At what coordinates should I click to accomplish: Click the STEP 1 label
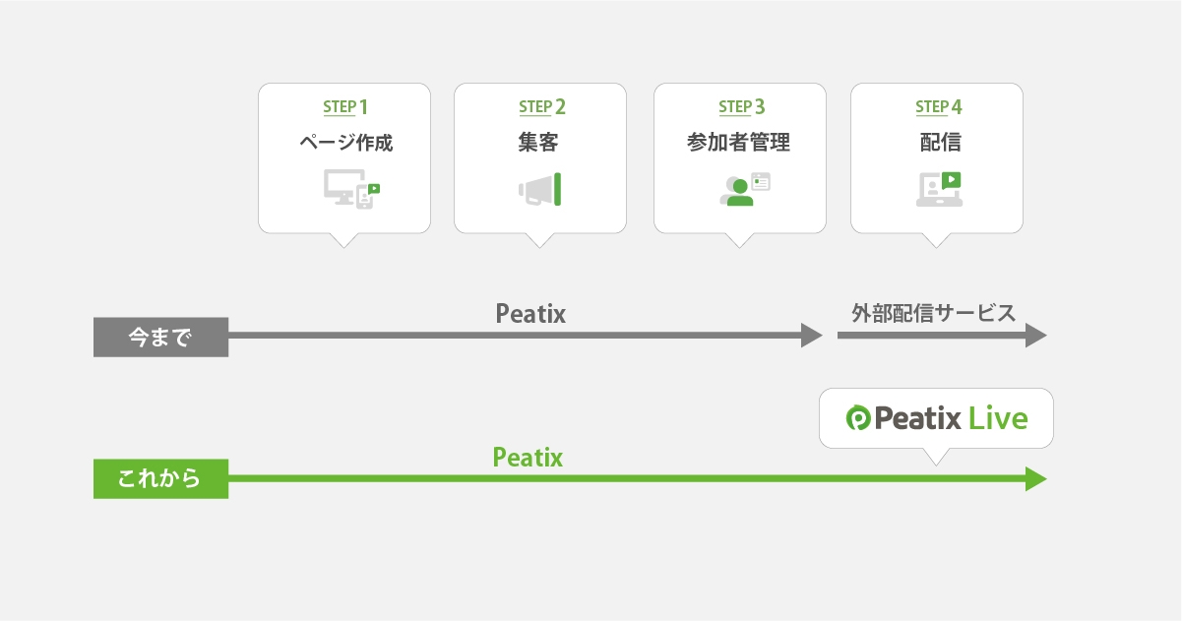tap(344, 106)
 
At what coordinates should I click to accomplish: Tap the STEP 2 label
tap(541, 106)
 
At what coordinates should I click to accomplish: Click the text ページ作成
tap(345, 143)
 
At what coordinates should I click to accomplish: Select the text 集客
tap(539, 143)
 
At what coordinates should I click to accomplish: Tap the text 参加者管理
tap(738, 143)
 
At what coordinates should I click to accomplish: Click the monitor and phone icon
tap(351, 187)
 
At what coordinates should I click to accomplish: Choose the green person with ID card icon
tap(744, 189)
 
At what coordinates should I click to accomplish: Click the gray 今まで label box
tap(160, 338)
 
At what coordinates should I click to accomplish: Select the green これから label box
tap(160, 479)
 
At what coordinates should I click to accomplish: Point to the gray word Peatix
tap(530, 314)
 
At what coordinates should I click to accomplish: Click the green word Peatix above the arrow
tap(528, 457)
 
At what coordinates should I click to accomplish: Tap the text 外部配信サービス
tap(933, 314)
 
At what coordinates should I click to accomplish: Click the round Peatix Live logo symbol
tap(858, 418)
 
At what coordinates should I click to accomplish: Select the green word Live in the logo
tap(997, 418)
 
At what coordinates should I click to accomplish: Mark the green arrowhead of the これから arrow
tap(1035, 479)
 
